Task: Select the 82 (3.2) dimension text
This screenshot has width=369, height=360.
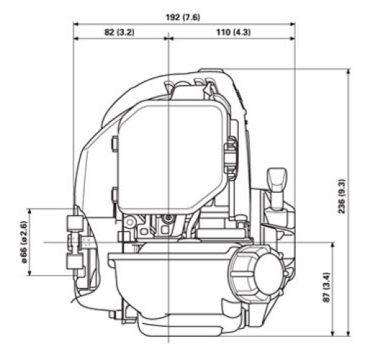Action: (x=120, y=34)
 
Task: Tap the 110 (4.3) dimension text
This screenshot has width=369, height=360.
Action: (x=231, y=34)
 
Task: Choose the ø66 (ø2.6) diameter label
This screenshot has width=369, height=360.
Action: (x=24, y=242)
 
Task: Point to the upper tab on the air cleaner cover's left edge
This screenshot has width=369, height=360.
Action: (x=114, y=143)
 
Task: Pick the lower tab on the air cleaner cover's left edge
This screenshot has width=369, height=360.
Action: (x=114, y=194)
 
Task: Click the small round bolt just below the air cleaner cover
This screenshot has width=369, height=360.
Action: (x=168, y=217)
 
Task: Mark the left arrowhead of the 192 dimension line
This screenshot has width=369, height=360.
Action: (x=76, y=22)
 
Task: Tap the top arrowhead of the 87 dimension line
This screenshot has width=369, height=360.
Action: (x=333, y=246)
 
